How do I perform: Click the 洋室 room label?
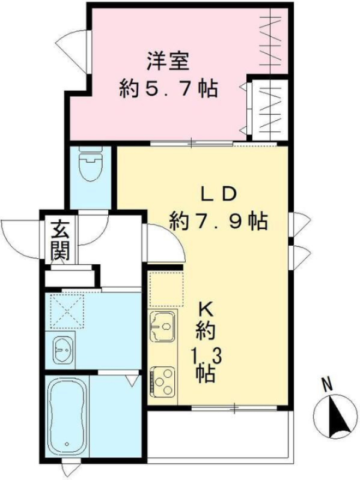pyautogui.click(x=167, y=62)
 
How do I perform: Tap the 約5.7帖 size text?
pyautogui.click(x=168, y=90)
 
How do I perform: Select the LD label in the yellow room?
pyautogui.click(x=219, y=193)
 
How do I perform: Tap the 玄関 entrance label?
pyautogui.click(x=59, y=240)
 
